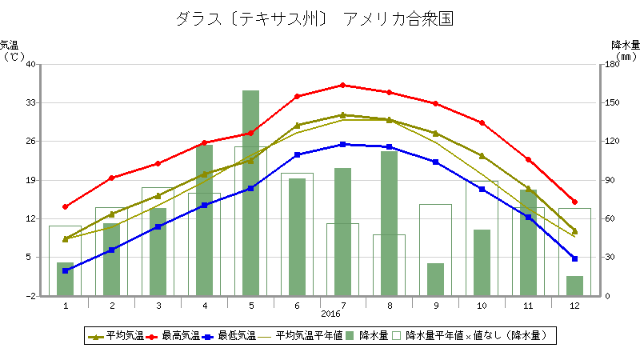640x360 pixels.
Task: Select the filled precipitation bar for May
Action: coord(251,193)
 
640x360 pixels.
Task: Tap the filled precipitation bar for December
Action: coord(574,286)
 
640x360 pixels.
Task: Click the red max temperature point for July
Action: coord(342,85)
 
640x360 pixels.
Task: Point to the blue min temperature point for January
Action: coord(66,270)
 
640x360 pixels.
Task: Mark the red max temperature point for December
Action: coord(574,202)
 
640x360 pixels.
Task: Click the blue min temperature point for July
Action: coord(342,144)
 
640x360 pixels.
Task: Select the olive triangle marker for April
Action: coord(205,174)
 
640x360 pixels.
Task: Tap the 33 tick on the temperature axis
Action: coord(30,103)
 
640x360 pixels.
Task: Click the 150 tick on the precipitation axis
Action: coord(612,103)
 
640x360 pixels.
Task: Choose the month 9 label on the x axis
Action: coord(436,305)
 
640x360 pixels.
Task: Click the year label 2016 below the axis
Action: coord(330,314)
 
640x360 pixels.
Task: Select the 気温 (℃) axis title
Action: coord(12,50)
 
